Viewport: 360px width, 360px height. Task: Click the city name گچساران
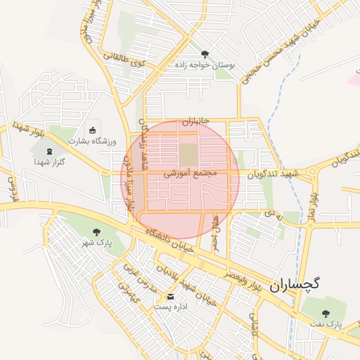[294, 283]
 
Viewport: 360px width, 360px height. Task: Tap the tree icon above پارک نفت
[325, 313]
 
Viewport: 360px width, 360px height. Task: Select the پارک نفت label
[324, 325]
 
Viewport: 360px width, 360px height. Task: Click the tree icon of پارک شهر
[96, 232]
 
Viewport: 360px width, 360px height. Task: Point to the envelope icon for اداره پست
[168, 297]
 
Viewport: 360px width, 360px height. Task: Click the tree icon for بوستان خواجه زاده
[205, 53]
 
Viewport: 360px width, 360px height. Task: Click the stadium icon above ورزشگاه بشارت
[92, 129]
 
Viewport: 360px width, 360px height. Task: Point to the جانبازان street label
[196, 122]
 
